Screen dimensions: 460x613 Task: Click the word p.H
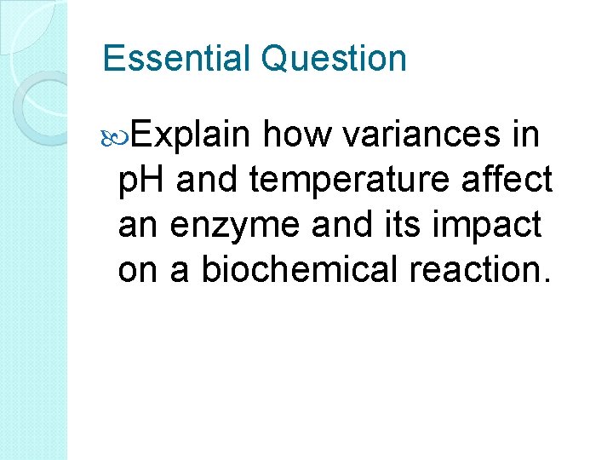[x=142, y=181]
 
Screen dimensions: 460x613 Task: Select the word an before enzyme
[x=138, y=227]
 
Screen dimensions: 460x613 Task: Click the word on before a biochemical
[x=138, y=271]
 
